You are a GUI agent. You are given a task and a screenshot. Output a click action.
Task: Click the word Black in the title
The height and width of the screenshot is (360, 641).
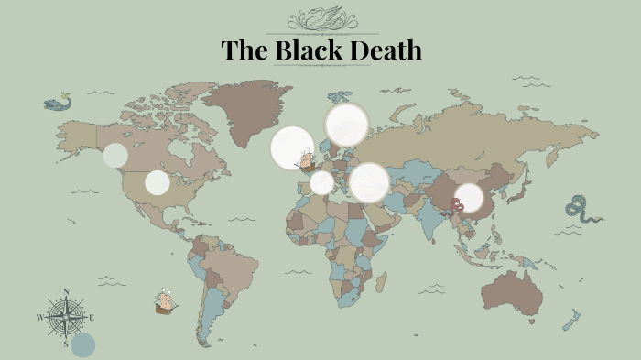309,51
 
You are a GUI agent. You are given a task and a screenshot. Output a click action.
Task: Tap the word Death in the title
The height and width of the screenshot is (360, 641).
386,51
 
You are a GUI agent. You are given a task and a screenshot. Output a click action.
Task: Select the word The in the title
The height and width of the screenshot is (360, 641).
244,51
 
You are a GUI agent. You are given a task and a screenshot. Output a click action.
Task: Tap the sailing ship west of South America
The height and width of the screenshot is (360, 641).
166,301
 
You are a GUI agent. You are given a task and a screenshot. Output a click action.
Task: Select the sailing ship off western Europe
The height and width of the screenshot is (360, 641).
306,161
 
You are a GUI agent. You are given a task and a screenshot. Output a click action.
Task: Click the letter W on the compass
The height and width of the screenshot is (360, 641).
39,317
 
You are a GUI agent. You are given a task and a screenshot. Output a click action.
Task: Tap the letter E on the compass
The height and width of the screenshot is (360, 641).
92,317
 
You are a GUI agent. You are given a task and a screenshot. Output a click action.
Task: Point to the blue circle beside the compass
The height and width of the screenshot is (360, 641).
83,344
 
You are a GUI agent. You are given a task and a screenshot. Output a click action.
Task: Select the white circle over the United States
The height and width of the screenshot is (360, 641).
158,182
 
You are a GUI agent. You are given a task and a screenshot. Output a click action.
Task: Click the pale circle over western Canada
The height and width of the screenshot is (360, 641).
114,155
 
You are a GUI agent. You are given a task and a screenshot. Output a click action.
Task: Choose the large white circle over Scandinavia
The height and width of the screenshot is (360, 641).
346,125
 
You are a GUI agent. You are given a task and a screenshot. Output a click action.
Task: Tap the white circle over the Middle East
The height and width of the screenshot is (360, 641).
369,182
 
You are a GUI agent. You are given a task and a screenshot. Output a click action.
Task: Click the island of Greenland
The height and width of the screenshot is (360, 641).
245,110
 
